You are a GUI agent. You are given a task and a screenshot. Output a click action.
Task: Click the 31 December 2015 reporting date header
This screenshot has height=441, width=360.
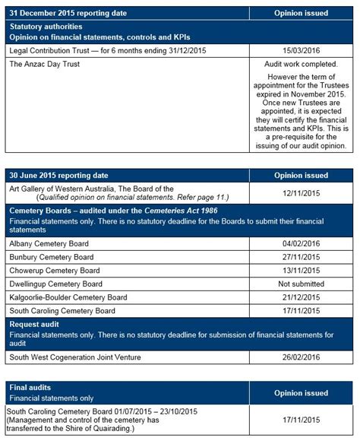click(68, 13)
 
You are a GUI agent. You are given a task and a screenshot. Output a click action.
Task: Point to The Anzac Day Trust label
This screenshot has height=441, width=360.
click(44, 65)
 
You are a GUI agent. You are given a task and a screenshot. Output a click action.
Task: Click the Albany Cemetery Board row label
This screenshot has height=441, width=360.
click(49, 243)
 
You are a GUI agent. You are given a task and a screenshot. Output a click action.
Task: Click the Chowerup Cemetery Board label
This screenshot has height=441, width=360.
click(54, 270)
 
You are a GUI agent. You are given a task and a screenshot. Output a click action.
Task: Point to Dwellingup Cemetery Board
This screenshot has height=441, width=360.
click(56, 284)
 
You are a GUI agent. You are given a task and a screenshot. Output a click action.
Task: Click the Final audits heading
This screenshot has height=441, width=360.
click(30, 387)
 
